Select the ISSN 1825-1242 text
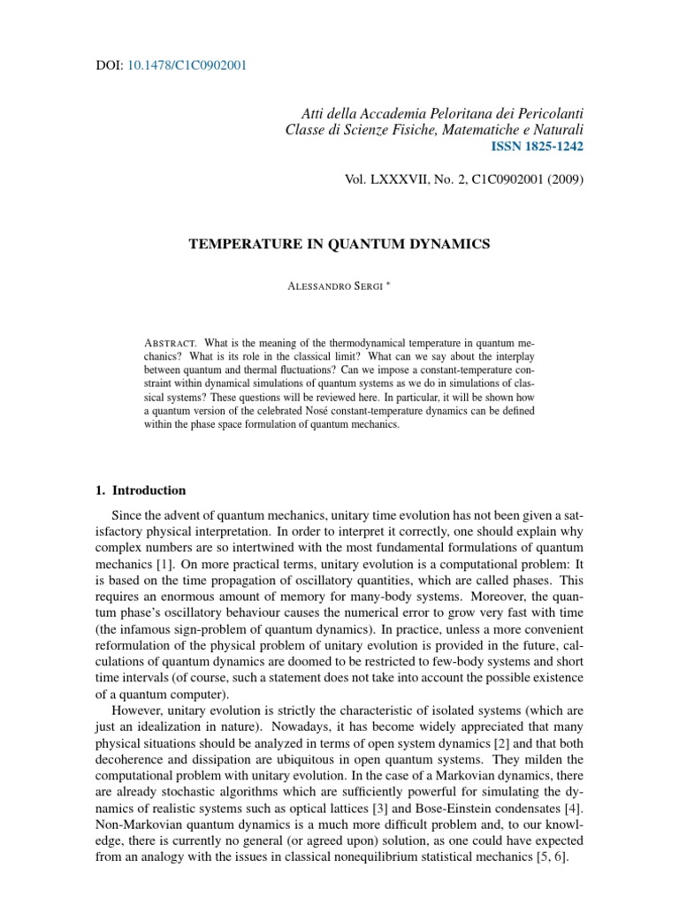pyautogui.click(x=540, y=146)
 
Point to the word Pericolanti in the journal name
pyautogui.click(x=546, y=114)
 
